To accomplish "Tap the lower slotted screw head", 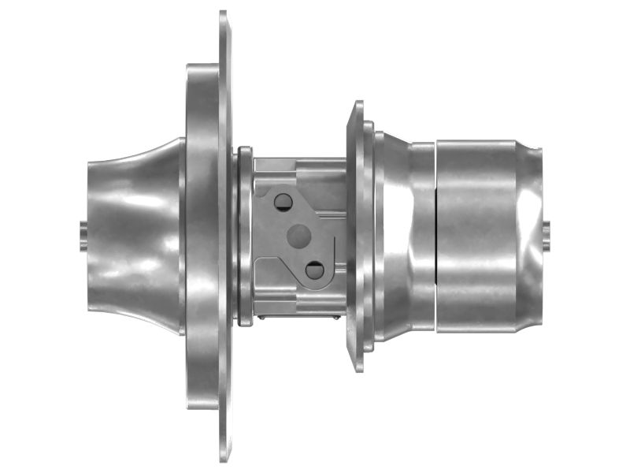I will point(314,270).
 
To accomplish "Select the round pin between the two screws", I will point(299,234).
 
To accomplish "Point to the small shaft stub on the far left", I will point(83,236).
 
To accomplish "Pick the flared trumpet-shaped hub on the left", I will point(134,235).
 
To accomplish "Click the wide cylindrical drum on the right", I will point(480,235).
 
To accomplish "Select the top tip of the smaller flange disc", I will point(358,103).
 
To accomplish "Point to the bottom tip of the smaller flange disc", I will point(358,369).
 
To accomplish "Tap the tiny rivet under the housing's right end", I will point(338,318).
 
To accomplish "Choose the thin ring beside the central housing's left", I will point(244,235).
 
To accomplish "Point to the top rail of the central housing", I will point(299,168).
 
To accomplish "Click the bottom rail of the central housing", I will point(299,304).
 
